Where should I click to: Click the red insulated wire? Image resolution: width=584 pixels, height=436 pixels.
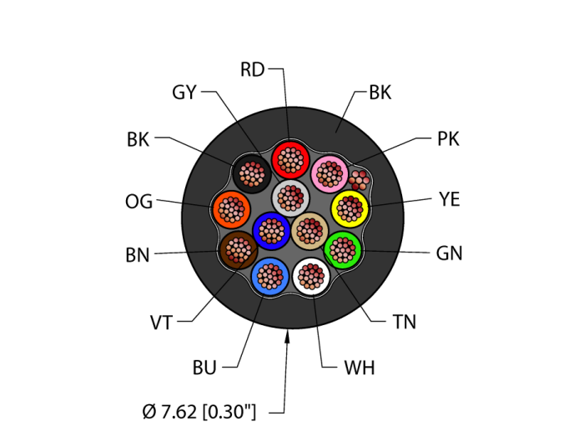pyautogui.click(x=290, y=160)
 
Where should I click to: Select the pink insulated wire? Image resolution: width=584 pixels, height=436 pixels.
pyautogui.click(x=330, y=174)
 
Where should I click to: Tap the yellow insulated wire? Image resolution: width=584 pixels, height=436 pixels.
pyautogui.click(x=350, y=208)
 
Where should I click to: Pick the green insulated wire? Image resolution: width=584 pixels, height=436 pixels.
pyautogui.click(x=343, y=250)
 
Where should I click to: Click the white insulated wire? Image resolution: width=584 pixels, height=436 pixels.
pyautogui.click(x=311, y=277)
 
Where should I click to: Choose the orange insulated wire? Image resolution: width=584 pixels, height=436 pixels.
pyautogui.click(x=232, y=209)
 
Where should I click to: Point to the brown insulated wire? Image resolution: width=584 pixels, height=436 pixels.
pyautogui.click(x=239, y=250)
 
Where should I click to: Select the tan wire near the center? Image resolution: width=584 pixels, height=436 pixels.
pyautogui.click(x=310, y=231)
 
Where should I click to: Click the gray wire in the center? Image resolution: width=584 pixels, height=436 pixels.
pyautogui.click(x=290, y=198)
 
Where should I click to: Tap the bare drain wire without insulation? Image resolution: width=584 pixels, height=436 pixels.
pyautogui.click(x=359, y=180)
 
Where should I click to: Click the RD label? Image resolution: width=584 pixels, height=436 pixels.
pyautogui.click(x=252, y=69)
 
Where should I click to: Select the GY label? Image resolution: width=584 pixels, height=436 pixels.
pyautogui.click(x=184, y=93)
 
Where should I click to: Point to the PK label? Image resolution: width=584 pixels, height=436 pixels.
pyautogui.click(x=449, y=139)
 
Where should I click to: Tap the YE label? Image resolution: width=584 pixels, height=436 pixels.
pyautogui.click(x=450, y=199)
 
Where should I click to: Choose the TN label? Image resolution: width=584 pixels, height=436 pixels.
pyautogui.click(x=405, y=322)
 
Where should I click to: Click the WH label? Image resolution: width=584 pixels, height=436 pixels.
pyautogui.click(x=360, y=368)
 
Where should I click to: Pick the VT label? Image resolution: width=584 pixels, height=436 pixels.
pyautogui.click(x=161, y=323)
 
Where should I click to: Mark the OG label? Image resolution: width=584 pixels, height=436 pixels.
pyautogui.click(x=139, y=202)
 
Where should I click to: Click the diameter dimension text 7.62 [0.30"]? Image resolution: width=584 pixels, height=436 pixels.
pyautogui.click(x=199, y=412)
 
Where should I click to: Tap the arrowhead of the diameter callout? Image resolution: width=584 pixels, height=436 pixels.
pyautogui.click(x=287, y=338)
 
